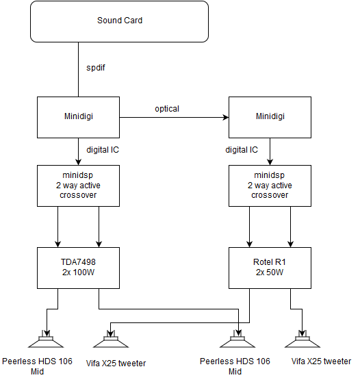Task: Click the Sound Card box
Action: [x=119, y=21]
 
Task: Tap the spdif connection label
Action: [x=96, y=68]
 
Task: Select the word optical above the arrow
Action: [x=167, y=109]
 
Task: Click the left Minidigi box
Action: [x=78, y=118]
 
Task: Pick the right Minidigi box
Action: [x=270, y=118]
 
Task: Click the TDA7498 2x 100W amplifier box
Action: [x=78, y=268]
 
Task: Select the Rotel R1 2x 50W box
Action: [x=270, y=268]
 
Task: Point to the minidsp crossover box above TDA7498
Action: [x=78, y=186]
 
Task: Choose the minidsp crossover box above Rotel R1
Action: [x=270, y=186]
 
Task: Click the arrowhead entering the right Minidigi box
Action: [x=226, y=118]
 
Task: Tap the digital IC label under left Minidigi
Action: [x=103, y=150]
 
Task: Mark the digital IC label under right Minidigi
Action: [x=242, y=150]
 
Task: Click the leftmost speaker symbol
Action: [x=46, y=339]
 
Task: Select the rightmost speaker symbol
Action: [x=303, y=339]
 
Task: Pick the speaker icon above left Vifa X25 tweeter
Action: [x=111, y=339]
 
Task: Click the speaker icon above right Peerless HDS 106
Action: [x=237, y=339]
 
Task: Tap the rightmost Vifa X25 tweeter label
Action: [x=321, y=361]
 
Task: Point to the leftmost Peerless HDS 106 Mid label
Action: [x=37, y=366]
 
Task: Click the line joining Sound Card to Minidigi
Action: [x=79, y=69]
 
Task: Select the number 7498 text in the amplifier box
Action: [x=86, y=262]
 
